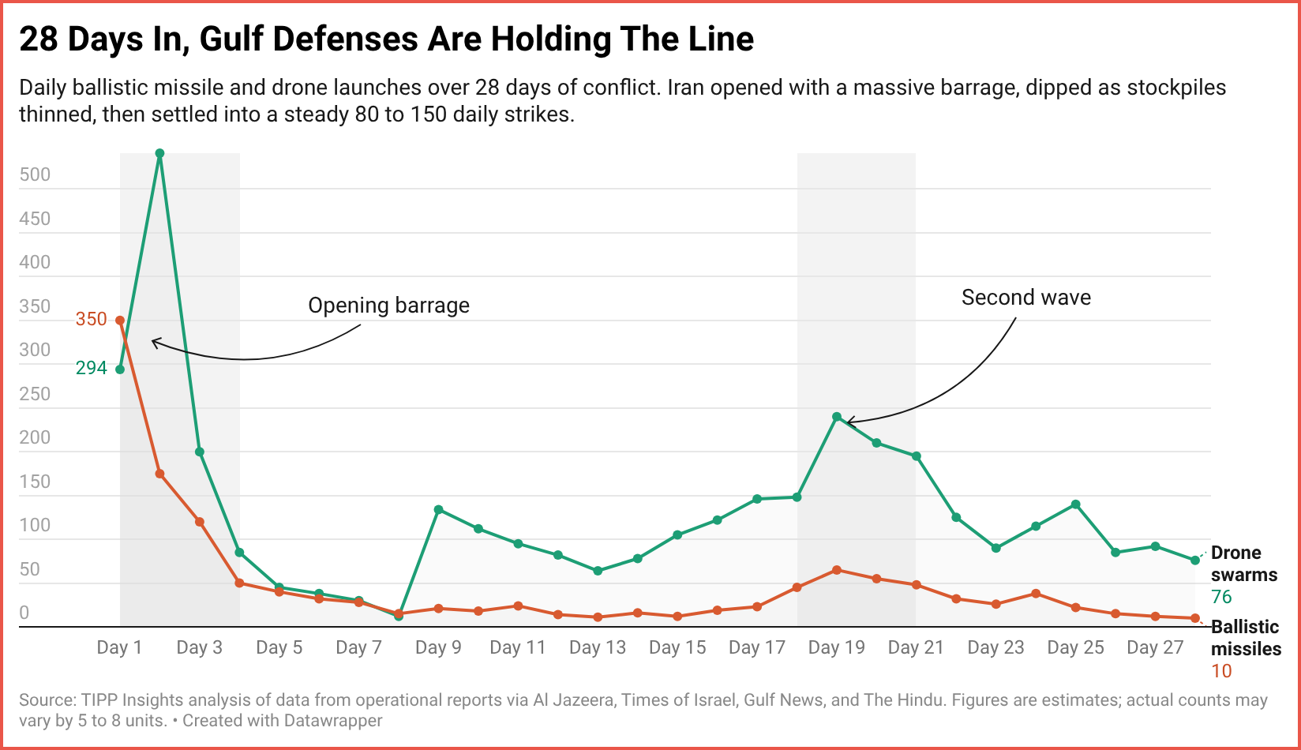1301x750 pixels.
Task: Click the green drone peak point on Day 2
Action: pyautogui.click(x=159, y=153)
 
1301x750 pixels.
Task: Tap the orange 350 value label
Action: pyautogui.click(x=91, y=319)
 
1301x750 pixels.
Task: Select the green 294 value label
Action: pyautogui.click(x=91, y=368)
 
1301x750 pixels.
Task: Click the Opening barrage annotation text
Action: pyautogui.click(x=388, y=306)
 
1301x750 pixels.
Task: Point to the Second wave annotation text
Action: pyautogui.click(x=1025, y=298)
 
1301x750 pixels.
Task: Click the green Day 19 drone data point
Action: pyautogui.click(x=837, y=417)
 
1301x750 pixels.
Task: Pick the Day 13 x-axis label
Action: pyautogui.click(x=597, y=648)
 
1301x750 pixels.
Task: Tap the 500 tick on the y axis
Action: pyautogui.click(x=35, y=174)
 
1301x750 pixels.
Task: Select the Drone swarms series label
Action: pyautogui.click(x=1243, y=564)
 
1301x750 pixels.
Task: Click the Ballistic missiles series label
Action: pyautogui.click(x=1246, y=638)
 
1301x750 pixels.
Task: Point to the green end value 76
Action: pyautogui.click(x=1221, y=598)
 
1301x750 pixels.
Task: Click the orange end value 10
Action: pyautogui.click(x=1221, y=672)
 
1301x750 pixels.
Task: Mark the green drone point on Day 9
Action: pyautogui.click(x=438, y=509)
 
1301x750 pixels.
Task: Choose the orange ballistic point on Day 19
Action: pyautogui.click(x=837, y=570)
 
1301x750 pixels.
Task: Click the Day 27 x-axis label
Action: pyautogui.click(x=1154, y=648)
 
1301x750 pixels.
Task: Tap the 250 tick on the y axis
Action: pyautogui.click(x=35, y=394)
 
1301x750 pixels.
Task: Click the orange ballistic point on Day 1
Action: pyautogui.click(x=120, y=321)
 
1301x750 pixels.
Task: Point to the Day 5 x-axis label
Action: pyautogui.click(x=279, y=648)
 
